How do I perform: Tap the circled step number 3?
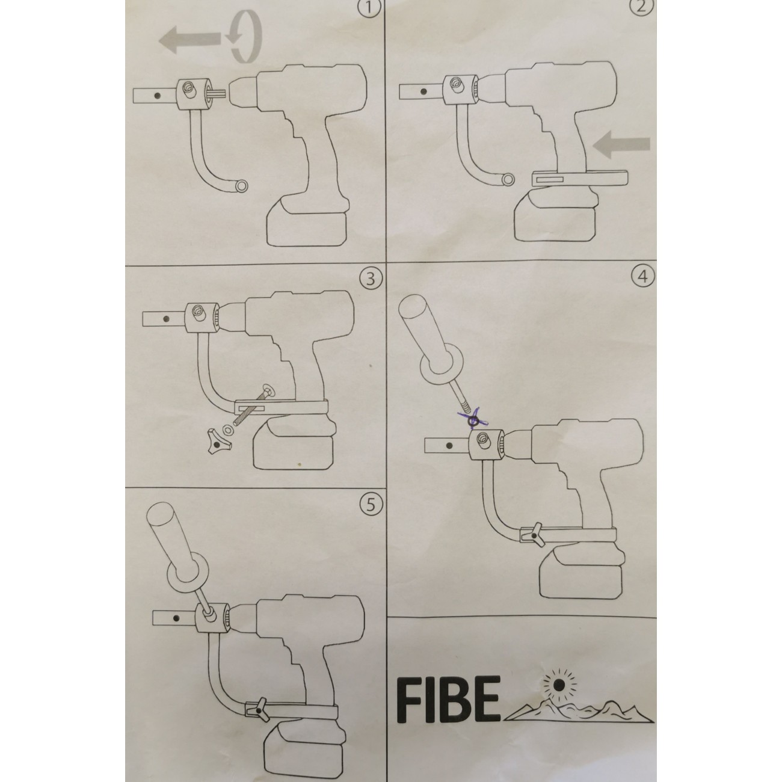pyautogui.click(x=367, y=279)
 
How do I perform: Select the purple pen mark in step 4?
pyautogui.click(x=473, y=415)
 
